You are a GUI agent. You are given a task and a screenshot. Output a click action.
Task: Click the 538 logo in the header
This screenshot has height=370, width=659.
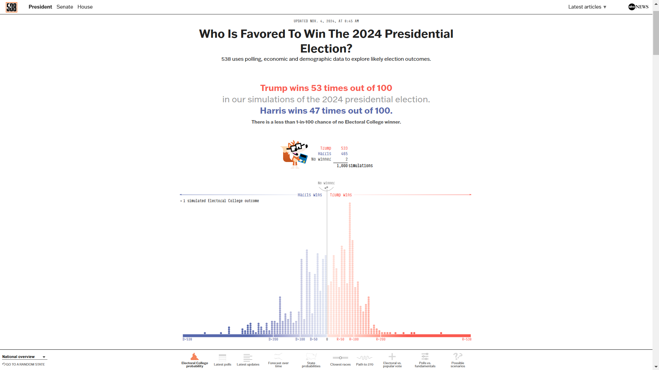[x=11, y=7]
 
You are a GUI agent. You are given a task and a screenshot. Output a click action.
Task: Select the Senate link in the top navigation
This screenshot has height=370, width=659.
[x=65, y=7]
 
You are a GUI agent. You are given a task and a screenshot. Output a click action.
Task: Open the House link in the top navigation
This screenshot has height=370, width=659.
[x=85, y=7]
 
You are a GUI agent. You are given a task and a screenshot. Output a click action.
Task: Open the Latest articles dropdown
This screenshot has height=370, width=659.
[x=587, y=7]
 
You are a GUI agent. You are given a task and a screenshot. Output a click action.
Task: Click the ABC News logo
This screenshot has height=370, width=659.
[x=638, y=7]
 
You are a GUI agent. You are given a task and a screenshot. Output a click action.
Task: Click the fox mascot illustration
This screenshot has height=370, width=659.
[x=294, y=154]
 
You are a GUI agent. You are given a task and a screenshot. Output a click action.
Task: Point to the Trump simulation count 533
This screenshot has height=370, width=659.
[x=344, y=148]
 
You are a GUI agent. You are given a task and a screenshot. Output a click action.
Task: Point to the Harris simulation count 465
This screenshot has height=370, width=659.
[x=344, y=154]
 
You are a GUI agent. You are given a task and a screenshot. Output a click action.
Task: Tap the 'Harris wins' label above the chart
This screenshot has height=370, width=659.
[x=310, y=195]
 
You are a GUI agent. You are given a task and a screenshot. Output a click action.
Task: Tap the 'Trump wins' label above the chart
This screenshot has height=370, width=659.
[x=341, y=195]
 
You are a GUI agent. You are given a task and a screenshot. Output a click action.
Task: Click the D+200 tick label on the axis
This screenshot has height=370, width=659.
[x=273, y=339]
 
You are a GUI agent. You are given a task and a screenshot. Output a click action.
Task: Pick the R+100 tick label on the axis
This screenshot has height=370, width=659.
[x=354, y=339]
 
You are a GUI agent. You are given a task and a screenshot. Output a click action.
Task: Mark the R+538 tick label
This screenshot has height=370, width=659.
[x=467, y=339]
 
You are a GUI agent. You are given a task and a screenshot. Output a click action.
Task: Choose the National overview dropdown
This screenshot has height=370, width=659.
[x=24, y=357]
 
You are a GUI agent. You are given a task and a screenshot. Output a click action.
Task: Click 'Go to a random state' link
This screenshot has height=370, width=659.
[x=24, y=365]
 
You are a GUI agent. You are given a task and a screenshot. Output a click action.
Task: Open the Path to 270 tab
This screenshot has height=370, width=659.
[x=365, y=360]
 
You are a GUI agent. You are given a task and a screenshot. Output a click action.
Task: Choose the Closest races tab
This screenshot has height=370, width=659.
[x=340, y=360]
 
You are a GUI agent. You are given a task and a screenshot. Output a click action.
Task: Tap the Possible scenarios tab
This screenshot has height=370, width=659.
[x=458, y=360]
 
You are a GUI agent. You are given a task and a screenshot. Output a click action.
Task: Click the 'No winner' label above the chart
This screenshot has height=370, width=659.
[x=326, y=183]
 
